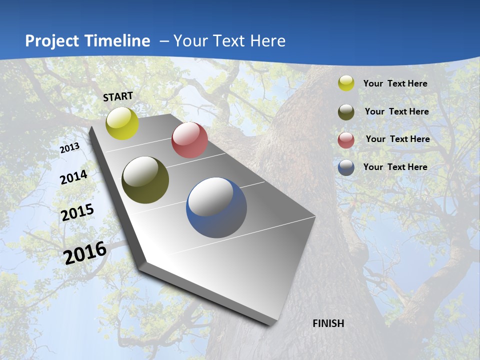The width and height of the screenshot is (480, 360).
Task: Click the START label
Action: (118, 96)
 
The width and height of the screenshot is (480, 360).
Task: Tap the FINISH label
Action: (328, 323)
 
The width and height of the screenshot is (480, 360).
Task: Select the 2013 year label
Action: (70, 148)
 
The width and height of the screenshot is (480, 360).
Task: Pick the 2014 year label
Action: (74, 177)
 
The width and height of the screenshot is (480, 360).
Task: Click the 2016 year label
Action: (85, 253)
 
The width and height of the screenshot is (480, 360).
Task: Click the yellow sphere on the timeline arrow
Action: (122, 123)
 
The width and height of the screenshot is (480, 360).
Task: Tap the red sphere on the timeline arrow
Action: (189, 140)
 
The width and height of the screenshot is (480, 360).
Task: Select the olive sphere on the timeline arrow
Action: (145, 180)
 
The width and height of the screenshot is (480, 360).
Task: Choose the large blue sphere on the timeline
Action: (216, 207)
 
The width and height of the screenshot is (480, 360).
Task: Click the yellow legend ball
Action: (346, 83)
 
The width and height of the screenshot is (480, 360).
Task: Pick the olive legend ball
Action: (346, 112)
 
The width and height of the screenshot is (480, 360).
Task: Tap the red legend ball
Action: (346, 140)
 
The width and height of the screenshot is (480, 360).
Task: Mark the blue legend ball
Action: (346, 168)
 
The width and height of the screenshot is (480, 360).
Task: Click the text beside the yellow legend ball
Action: (395, 84)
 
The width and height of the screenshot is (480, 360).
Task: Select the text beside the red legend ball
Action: (397, 139)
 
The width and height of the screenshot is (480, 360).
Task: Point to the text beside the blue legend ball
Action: (395, 167)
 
